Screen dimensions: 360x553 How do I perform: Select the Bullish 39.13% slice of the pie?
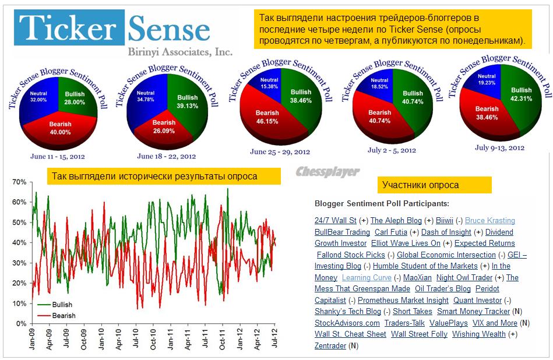(186, 101)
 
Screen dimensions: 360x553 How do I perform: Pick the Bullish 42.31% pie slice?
(520, 94)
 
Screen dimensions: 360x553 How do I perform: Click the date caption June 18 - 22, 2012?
(166, 156)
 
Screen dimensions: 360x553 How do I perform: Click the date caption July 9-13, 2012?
(499, 148)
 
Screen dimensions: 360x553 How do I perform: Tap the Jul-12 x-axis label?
(274, 337)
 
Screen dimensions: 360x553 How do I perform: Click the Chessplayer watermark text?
(327, 172)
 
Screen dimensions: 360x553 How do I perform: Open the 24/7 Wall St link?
(335, 220)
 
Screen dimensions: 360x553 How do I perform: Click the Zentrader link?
(330, 345)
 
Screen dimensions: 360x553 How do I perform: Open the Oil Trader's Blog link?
(442, 288)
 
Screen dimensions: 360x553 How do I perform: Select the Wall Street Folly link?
(419, 334)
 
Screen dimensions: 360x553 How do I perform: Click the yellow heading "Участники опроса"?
(420, 185)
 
